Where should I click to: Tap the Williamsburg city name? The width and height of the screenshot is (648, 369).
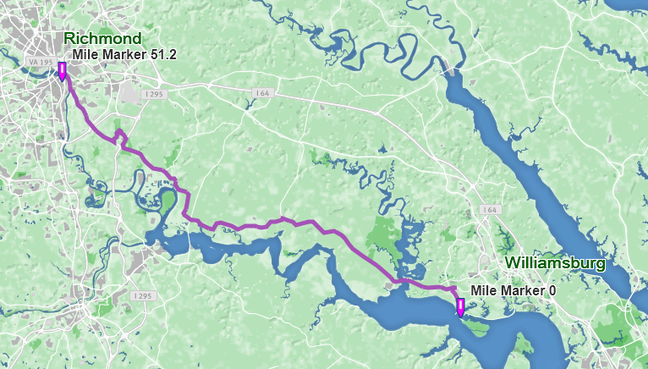tap(555, 263)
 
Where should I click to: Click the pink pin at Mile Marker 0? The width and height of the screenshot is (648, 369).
tap(460, 307)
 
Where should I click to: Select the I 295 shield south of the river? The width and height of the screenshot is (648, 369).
tap(143, 296)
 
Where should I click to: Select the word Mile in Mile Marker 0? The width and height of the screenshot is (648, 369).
tap(483, 289)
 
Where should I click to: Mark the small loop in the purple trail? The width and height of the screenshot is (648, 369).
tap(119, 135)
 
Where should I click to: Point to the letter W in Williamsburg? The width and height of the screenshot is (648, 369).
tap(513, 263)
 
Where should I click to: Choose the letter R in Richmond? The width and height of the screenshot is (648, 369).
tap(69, 39)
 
